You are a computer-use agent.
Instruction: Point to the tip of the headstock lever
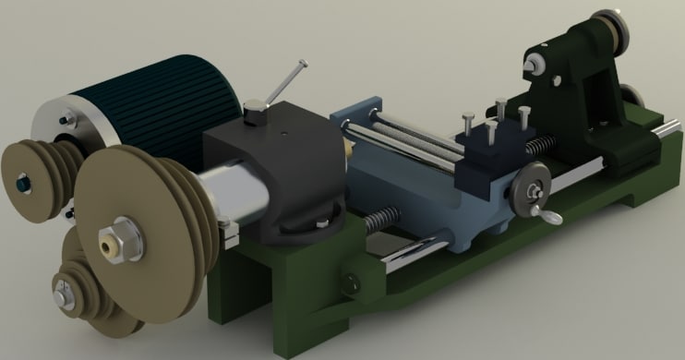pos(302,64)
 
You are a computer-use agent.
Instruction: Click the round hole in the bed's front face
pos(351,282)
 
